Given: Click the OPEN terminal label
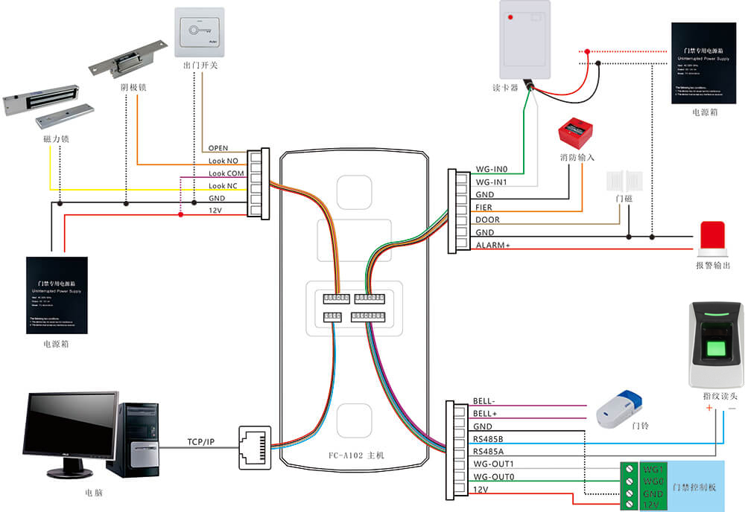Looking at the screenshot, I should pos(218,148).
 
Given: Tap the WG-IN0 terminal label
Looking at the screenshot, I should pos(491,170).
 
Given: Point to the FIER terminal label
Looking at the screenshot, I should pos(484,208).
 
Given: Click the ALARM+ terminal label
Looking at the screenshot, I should pos(492,246).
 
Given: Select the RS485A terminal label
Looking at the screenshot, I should pos(489,452).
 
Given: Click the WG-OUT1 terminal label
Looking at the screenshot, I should pos(492,464).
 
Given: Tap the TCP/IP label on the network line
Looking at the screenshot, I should pos(200,442).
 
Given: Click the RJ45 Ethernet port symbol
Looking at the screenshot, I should pos(253,447).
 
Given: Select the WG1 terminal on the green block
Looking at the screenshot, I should pos(653,470).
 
